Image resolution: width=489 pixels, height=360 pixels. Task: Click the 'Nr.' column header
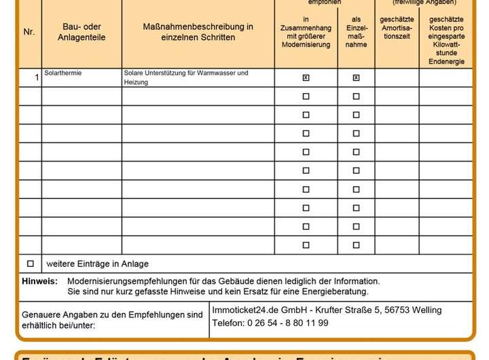(29, 32)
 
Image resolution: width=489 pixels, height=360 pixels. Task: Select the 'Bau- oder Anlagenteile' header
(81, 32)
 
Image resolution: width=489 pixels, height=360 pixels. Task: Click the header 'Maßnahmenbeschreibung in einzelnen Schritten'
(198, 32)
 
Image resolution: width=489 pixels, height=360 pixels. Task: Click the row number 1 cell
(37, 78)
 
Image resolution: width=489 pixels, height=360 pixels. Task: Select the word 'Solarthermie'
(62, 73)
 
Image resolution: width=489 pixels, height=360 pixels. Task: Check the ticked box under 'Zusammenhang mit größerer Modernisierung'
(306, 78)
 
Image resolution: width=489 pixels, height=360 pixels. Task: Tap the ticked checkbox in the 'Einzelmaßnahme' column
(356, 78)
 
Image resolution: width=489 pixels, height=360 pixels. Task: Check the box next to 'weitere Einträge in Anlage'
(30, 264)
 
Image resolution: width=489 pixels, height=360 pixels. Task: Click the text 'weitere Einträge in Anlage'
(97, 264)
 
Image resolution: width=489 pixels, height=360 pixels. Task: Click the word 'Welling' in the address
(427, 310)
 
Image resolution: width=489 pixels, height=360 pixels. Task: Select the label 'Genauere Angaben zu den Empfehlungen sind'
(112, 314)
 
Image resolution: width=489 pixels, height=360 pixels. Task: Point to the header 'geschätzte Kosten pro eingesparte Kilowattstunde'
(446, 41)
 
